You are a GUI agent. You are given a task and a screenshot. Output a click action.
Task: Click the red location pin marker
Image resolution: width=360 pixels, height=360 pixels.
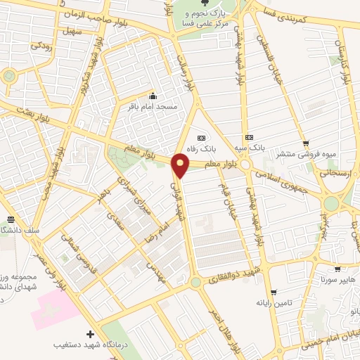(x=181, y=166)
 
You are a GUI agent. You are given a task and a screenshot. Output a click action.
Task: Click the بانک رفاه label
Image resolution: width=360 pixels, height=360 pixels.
(x=202, y=149)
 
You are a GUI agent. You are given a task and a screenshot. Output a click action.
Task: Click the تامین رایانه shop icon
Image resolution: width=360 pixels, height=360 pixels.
(x=274, y=291)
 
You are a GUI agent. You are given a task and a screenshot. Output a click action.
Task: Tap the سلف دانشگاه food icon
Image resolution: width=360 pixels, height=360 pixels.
(x=10, y=220)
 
